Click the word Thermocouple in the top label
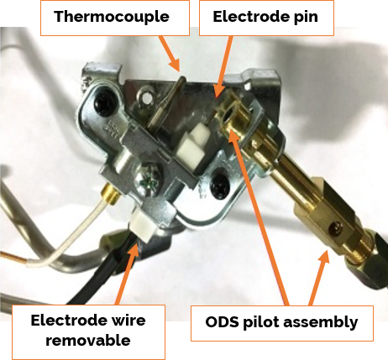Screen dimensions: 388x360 (x=112, y=17)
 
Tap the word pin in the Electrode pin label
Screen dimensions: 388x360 (x=306, y=17)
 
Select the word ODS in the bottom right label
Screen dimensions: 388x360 (x=222, y=322)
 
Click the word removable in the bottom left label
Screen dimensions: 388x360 (x=88, y=341)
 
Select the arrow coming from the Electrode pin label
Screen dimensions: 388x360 (x=223, y=67)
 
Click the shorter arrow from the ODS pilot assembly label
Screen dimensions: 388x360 (x=318, y=277)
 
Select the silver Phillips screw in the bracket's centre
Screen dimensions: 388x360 (x=148, y=180)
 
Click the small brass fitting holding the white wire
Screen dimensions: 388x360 (x=110, y=193)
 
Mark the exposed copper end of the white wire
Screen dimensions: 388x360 (x=13, y=258)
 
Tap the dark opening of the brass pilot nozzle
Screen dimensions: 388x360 (x=228, y=114)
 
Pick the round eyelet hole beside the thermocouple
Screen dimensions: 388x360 (x=146, y=97)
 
